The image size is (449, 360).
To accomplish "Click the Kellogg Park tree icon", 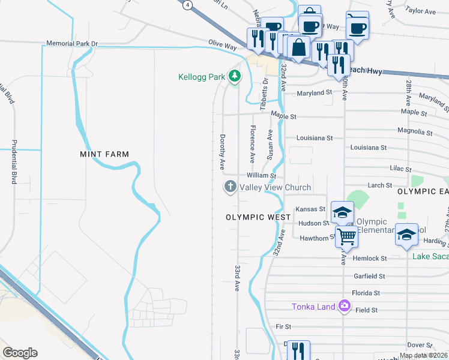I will pos(235,76).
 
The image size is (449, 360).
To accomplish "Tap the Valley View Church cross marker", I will pos(229,187).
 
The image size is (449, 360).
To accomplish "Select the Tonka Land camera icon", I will pos(344,307).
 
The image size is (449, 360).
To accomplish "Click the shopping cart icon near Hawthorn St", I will pos(346,236).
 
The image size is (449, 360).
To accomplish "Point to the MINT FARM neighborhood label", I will pos(104,154).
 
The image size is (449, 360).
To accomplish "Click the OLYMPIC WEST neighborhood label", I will pos(254,217).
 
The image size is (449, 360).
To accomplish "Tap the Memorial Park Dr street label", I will pos(73,44).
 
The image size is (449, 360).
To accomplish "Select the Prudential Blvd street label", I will pos(13,162).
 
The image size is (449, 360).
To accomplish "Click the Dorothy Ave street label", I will pos(222,150).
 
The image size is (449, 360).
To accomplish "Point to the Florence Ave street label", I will pos(253,144).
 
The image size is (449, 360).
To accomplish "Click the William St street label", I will pos(261,176).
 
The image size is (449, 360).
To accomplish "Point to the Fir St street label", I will pos(283,326).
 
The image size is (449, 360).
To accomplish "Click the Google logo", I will pos(20,352).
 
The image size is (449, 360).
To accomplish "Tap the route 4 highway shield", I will pos(188,4).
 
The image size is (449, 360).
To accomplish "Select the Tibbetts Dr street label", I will pos(264,94).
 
